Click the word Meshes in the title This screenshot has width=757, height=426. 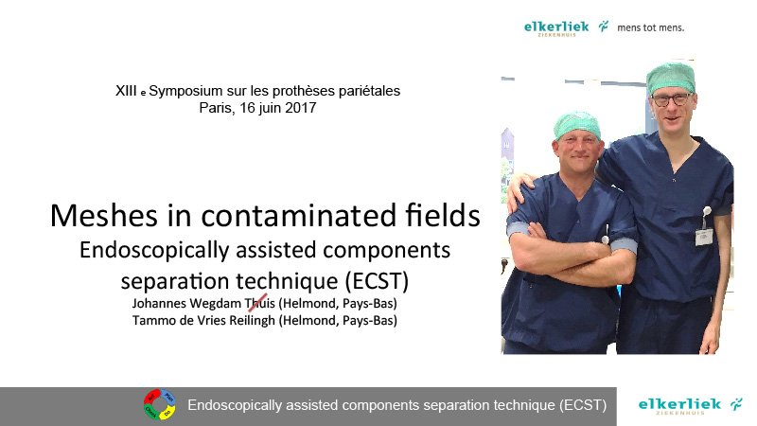(x=104, y=215)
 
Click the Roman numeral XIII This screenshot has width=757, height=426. (x=126, y=91)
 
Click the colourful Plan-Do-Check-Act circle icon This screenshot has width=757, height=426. (x=160, y=404)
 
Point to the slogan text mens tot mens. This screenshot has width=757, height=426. (x=650, y=27)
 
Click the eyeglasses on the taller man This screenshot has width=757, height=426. (x=672, y=99)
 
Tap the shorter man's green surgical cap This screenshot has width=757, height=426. (x=577, y=124)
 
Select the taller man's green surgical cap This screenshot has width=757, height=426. (x=671, y=77)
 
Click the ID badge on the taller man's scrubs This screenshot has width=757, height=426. (x=704, y=237)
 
